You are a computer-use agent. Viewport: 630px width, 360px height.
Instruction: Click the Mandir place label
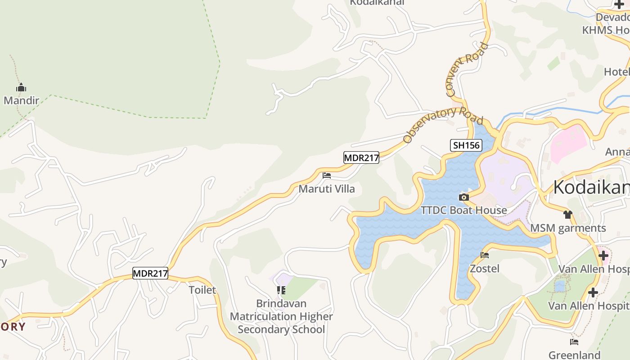[21, 100]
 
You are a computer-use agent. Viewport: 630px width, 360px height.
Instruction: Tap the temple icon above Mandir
[21, 88]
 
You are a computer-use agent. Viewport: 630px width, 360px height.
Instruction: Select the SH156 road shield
[466, 145]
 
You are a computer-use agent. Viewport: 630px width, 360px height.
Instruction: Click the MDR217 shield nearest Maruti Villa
[361, 157]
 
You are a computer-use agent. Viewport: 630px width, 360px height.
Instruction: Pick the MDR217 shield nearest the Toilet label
[150, 273]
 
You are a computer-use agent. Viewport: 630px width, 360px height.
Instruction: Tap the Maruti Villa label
[327, 189]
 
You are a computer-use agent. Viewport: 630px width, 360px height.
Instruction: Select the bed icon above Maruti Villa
[327, 175]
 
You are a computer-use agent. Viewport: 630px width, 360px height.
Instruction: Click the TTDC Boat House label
[463, 210]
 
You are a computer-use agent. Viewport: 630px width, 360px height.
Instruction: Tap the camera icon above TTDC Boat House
[463, 197]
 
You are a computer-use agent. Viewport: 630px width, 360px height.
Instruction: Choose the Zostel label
[485, 269]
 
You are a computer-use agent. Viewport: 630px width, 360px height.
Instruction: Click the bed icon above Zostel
[485, 255]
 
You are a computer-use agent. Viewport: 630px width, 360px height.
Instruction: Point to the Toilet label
[202, 290]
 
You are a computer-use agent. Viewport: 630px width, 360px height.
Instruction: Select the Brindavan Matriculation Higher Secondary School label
[281, 316]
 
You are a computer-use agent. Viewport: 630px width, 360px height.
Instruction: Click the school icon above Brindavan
[281, 290]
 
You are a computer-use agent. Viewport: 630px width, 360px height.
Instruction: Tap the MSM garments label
[568, 228]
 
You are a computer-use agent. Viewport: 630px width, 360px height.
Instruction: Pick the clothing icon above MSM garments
[568, 215]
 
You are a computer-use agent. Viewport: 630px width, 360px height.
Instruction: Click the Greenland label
[574, 355]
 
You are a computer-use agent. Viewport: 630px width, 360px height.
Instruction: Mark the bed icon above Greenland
[574, 342]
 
